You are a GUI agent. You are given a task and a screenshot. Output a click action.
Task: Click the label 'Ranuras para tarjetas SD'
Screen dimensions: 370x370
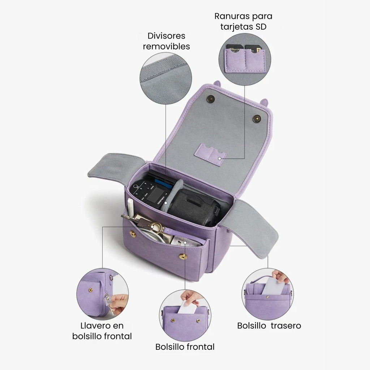[x=243, y=21]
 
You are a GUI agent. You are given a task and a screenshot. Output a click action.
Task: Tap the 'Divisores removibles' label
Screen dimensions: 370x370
[x=166, y=41]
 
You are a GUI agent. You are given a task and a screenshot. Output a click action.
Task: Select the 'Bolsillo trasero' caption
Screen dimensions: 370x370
[x=269, y=326]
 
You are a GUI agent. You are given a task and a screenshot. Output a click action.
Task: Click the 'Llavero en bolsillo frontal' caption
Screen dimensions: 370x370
[x=102, y=331]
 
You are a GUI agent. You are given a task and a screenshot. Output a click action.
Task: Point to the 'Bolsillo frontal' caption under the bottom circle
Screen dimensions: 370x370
[x=185, y=347]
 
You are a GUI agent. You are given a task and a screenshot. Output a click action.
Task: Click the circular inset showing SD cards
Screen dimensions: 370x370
[x=245, y=59]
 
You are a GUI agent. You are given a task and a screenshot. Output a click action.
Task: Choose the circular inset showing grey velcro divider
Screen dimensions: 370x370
[x=165, y=78]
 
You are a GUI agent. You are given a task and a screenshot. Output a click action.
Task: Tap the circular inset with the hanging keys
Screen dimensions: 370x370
[x=102, y=294]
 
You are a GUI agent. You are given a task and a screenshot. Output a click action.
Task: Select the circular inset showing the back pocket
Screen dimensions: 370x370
[x=268, y=294]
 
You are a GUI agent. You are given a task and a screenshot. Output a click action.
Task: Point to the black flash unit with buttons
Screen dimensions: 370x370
[x=151, y=192]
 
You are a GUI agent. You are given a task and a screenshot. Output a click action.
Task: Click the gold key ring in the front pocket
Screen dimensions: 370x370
[x=157, y=228]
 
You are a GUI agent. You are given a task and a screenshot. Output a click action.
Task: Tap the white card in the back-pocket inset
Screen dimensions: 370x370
[x=274, y=286]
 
